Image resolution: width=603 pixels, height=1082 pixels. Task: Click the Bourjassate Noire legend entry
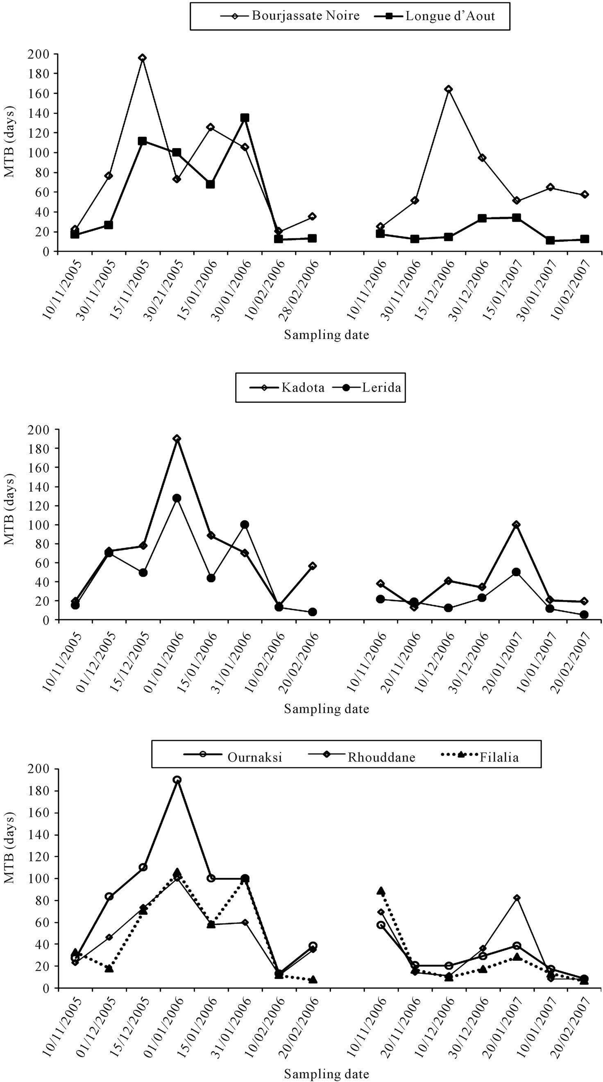(x=290, y=16)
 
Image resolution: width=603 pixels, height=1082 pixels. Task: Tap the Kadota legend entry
(x=287, y=387)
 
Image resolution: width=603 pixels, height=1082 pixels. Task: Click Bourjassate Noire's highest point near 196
(x=143, y=58)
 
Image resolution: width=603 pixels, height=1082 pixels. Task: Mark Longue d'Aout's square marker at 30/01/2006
(x=245, y=118)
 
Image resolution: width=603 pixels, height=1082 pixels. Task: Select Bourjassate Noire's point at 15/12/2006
(x=449, y=89)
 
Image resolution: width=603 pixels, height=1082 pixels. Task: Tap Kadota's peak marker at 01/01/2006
(x=177, y=439)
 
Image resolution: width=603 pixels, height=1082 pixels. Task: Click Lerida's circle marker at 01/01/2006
(x=177, y=498)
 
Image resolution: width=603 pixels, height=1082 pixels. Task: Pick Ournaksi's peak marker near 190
(x=177, y=780)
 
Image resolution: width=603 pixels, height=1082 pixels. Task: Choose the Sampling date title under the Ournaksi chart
(x=326, y=1074)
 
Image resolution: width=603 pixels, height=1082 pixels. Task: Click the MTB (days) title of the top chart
(x=9, y=142)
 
